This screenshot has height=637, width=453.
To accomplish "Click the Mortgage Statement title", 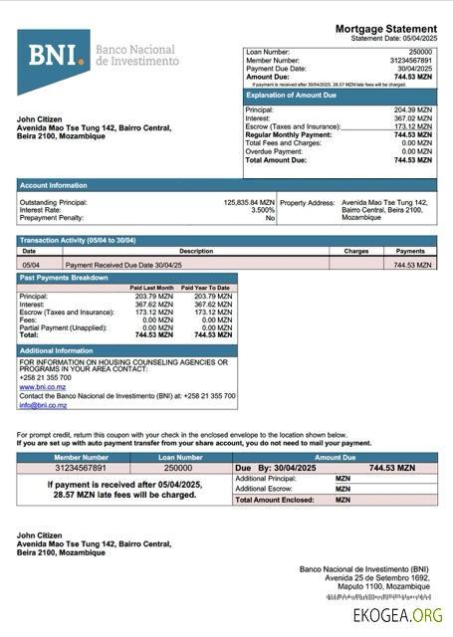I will (x=385, y=29).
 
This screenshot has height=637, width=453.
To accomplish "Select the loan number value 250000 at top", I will (x=421, y=51).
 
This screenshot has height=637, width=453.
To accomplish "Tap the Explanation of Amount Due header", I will (x=290, y=95).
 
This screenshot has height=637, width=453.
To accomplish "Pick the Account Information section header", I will (x=54, y=185).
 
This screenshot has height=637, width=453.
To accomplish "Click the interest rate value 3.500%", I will (x=263, y=210).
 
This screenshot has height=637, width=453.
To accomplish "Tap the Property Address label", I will (x=307, y=202).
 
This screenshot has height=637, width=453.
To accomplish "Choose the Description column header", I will (x=196, y=252).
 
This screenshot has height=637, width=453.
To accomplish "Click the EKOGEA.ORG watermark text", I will (x=398, y=616).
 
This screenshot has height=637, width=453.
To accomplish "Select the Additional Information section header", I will (x=57, y=351).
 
